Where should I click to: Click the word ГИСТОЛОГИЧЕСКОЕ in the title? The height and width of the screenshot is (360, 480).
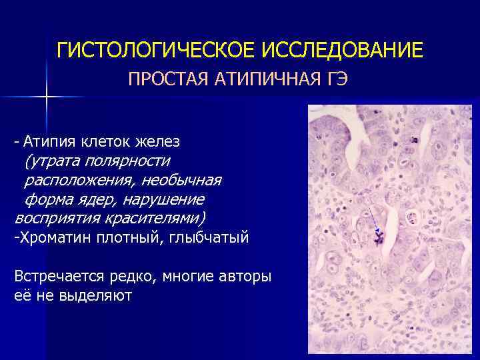click(156, 50)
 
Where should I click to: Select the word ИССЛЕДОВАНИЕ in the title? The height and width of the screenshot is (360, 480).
click(341, 50)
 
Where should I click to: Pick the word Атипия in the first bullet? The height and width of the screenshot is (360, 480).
click(50, 141)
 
